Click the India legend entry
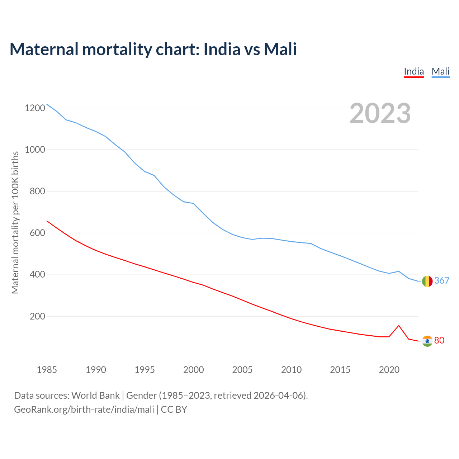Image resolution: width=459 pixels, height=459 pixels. click(414, 71)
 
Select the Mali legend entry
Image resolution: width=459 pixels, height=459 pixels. click(440, 71)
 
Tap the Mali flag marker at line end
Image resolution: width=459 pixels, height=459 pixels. click(427, 281)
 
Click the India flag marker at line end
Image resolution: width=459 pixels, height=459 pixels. click(427, 341)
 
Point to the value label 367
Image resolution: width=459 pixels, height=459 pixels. click(442, 280)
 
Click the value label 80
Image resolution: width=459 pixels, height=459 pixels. click(439, 340)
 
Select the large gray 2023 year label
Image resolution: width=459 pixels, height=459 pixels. click(380, 113)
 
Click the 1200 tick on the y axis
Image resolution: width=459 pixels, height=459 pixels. click(35, 108)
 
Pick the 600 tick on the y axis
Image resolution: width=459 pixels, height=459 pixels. click(37, 233)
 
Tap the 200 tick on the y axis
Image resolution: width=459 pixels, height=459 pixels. click(37, 316)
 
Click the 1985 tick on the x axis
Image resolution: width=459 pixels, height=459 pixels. click(47, 370)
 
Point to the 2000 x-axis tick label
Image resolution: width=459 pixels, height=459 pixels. click(194, 370)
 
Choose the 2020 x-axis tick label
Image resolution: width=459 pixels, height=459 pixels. click(389, 370)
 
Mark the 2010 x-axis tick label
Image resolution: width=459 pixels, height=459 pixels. click(291, 370)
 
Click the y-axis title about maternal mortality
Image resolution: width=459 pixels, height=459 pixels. click(15, 222)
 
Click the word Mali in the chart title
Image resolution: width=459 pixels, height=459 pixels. click(280, 49)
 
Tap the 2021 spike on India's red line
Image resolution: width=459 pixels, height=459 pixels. click(399, 326)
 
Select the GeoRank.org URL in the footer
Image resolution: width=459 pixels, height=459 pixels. click(84, 410)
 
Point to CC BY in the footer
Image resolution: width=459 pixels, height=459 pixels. click(174, 410)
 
